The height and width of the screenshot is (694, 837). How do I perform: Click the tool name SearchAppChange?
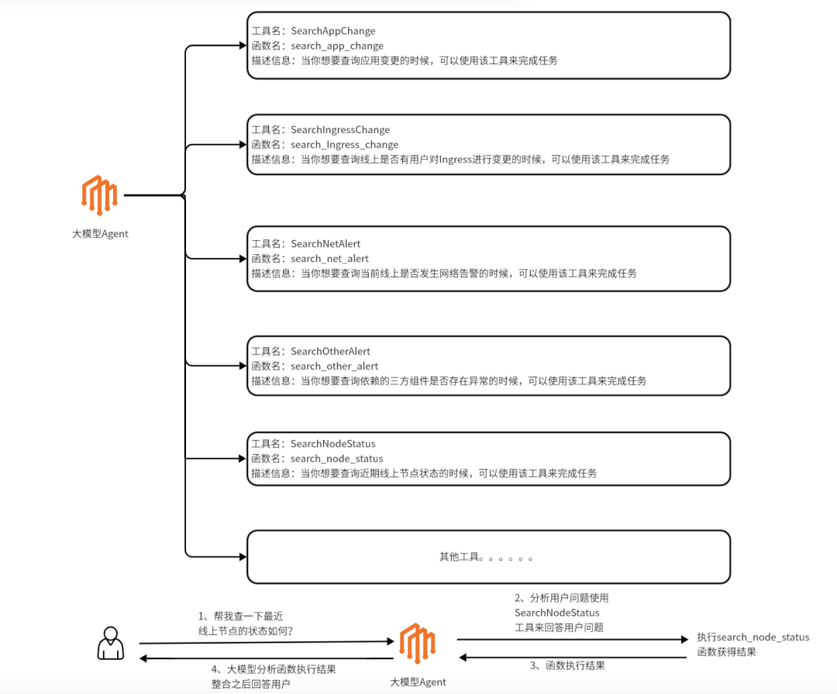click(333, 31)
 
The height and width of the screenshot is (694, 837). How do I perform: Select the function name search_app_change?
click(337, 46)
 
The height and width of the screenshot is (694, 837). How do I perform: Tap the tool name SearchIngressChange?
click(340, 129)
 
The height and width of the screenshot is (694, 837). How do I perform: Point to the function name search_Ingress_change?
click(344, 145)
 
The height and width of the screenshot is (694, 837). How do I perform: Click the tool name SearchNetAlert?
click(325, 244)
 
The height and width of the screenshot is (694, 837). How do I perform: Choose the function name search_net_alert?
click(329, 259)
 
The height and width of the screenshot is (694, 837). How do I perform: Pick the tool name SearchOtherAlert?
click(330, 351)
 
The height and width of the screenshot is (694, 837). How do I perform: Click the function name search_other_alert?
click(334, 366)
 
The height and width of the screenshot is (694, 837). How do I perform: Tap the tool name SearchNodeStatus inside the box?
click(333, 444)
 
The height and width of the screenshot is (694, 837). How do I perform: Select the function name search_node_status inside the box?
click(337, 459)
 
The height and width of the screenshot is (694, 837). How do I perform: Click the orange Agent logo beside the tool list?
click(99, 195)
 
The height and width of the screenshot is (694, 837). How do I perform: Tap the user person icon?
click(111, 644)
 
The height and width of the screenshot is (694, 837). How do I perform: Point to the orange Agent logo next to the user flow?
click(418, 644)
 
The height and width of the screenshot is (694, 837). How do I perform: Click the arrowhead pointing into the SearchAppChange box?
click(243, 46)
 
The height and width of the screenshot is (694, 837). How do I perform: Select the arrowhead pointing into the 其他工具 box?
click(243, 557)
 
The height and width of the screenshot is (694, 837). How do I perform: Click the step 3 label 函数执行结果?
click(575, 665)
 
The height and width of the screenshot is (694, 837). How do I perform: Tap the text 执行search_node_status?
click(753, 637)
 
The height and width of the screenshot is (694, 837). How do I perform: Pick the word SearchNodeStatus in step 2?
click(556, 613)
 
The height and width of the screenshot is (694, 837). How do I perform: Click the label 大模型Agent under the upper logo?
click(100, 234)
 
